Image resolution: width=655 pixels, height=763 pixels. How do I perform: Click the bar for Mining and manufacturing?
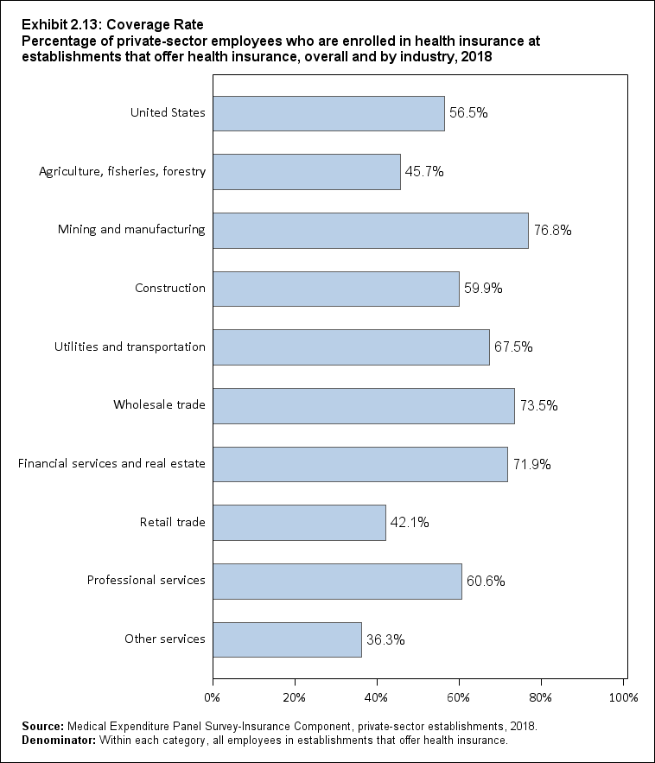pos(370,230)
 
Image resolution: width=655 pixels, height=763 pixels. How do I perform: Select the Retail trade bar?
pos(299,522)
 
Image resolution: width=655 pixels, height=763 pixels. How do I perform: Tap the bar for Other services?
pos(287,639)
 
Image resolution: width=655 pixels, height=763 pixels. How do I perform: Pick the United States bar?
pos(328,113)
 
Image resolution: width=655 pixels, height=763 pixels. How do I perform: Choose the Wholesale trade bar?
pos(363,405)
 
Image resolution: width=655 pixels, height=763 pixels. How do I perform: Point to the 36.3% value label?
pos(385,640)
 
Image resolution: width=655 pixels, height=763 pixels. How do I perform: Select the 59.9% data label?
pos(483,289)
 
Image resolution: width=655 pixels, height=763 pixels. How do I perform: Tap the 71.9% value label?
pos(532,465)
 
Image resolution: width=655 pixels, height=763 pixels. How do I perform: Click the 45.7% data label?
pos(425,172)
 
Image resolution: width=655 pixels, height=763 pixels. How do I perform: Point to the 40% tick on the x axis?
pos(377,696)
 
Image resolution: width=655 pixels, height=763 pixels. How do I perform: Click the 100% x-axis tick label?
pos(623,696)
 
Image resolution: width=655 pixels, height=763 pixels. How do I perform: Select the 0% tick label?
pos(213,696)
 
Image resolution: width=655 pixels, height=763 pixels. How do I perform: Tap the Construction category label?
pos(170,289)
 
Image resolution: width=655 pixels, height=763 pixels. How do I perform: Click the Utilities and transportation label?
pos(130,347)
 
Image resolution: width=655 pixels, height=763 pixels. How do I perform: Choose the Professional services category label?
pos(146,580)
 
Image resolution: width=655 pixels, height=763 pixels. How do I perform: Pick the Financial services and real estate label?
pos(111,464)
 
